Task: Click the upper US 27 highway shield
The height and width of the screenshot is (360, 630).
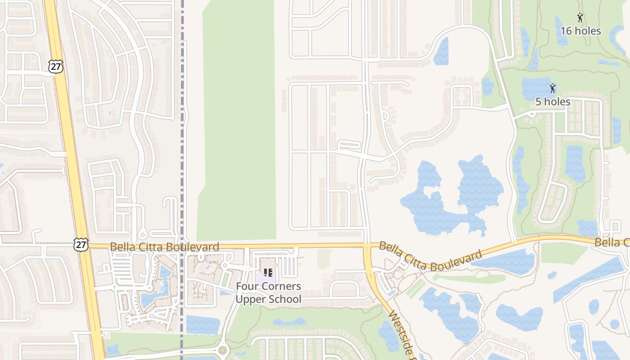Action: point(55,66)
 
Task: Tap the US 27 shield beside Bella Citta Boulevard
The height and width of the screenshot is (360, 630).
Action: point(81,245)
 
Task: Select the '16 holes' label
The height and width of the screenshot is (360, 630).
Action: point(580,31)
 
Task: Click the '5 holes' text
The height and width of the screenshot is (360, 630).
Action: point(553,102)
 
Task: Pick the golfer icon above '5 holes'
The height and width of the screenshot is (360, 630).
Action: point(553,88)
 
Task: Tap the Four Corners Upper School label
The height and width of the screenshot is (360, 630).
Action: point(269,292)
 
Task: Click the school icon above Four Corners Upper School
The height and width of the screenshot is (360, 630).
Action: point(268,273)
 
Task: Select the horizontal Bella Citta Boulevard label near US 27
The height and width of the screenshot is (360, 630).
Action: point(164,247)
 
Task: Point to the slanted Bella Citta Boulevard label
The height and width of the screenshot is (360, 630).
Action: point(430,256)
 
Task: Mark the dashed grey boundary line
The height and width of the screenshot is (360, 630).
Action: point(182,135)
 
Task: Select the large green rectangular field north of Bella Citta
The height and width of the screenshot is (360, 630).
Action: point(238,121)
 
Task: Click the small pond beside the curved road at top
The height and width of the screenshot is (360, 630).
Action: point(442,52)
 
